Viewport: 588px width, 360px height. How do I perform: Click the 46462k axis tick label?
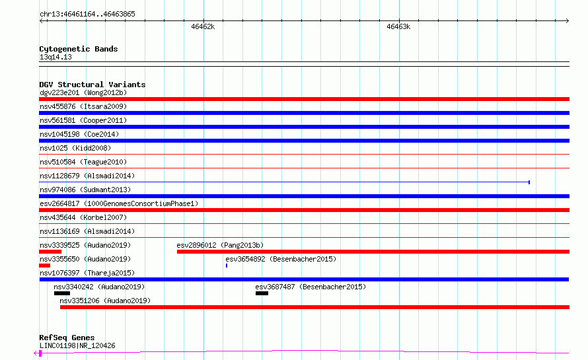(x=203, y=26)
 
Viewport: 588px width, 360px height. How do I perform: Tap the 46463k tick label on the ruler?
(x=398, y=26)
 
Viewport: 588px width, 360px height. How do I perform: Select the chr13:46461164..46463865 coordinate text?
(x=87, y=15)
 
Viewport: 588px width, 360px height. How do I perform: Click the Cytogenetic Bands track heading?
(x=79, y=49)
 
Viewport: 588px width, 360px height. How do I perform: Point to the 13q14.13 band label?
(x=55, y=57)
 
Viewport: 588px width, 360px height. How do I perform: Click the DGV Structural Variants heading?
(x=92, y=85)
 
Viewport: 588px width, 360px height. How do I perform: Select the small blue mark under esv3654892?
(x=227, y=266)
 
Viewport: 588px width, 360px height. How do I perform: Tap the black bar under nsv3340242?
(x=62, y=293)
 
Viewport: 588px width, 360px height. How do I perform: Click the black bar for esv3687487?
(x=262, y=293)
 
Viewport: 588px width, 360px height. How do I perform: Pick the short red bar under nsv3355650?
(x=45, y=266)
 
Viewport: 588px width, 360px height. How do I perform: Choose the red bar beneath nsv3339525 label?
(x=50, y=252)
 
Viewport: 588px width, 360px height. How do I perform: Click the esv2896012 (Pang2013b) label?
(x=220, y=245)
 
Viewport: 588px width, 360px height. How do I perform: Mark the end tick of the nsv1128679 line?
(x=529, y=182)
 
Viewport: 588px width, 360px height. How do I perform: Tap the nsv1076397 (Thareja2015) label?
(x=87, y=273)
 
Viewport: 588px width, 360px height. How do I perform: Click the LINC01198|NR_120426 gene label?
(x=77, y=345)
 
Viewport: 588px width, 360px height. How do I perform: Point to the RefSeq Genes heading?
(x=67, y=338)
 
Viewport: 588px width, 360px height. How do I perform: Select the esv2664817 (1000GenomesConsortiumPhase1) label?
(x=119, y=203)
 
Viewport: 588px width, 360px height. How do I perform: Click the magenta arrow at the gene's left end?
(x=37, y=353)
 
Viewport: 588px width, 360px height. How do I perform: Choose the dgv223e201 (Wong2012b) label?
(x=83, y=92)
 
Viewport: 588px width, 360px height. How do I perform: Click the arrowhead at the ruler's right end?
(x=568, y=21)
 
